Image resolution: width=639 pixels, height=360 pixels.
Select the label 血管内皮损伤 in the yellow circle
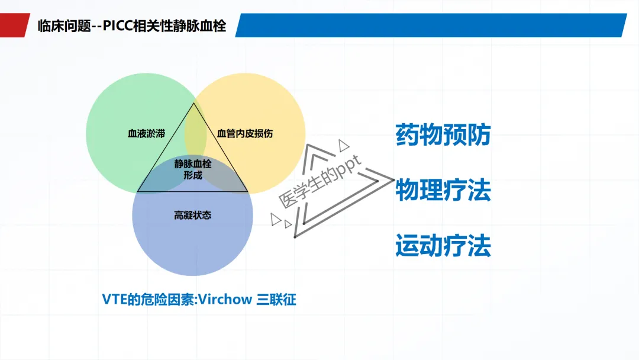click(245, 133)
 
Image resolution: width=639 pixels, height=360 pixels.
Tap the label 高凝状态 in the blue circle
click(192, 215)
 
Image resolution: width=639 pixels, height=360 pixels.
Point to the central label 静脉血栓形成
click(192, 169)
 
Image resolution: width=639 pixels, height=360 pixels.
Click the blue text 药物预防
click(443, 135)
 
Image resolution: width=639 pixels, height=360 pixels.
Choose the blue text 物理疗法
click(443, 191)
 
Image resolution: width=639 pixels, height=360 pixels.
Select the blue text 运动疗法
click(443, 246)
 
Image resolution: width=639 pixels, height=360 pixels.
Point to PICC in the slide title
click(120, 26)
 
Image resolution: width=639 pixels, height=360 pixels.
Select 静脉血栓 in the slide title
click(195, 26)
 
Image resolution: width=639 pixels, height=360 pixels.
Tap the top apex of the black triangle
click(193, 104)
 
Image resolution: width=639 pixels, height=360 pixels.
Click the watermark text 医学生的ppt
click(319, 183)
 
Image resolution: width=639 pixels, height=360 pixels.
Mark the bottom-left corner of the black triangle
click(138, 191)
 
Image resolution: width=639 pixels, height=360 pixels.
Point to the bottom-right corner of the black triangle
click(247, 191)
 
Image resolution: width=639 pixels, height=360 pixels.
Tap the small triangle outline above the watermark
click(343, 144)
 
